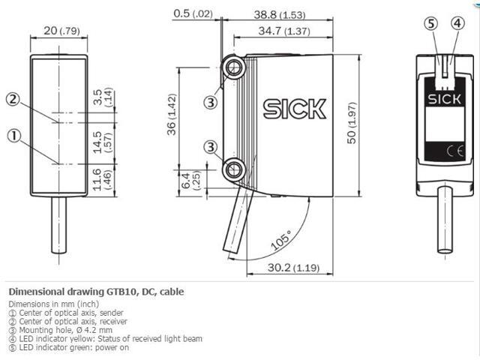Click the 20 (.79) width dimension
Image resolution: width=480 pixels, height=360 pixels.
tap(61, 31)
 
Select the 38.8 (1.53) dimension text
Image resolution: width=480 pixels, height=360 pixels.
tap(280, 15)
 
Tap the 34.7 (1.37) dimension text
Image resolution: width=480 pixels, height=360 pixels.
tap(284, 31)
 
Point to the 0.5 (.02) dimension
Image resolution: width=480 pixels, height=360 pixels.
tap(193, 13)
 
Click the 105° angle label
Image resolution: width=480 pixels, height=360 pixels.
tap(281, 241)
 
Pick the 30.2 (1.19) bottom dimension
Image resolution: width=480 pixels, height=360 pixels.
tap(293, 268)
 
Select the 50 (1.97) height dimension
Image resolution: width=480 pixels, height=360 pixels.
tap(352, 123)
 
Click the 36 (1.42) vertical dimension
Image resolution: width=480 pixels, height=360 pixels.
tap(172, 114)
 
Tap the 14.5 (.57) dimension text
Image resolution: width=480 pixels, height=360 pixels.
tap(103, 142)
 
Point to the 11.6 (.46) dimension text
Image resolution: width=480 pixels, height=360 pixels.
tap(102, 180)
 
